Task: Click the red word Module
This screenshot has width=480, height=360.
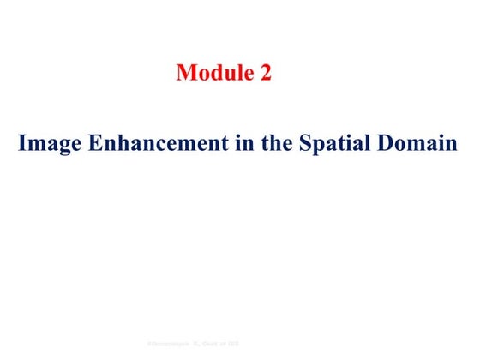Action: [213, 74]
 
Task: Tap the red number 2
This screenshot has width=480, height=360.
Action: [266, 74]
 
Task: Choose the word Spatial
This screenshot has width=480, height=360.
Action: [337, 143]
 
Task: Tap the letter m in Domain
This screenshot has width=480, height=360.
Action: [422, 144]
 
